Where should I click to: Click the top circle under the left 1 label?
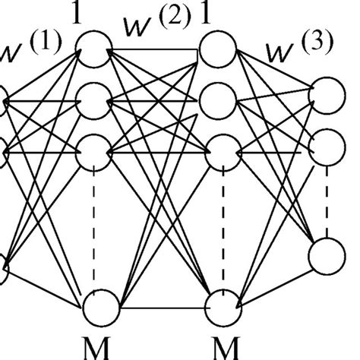[x=97, y=48]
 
